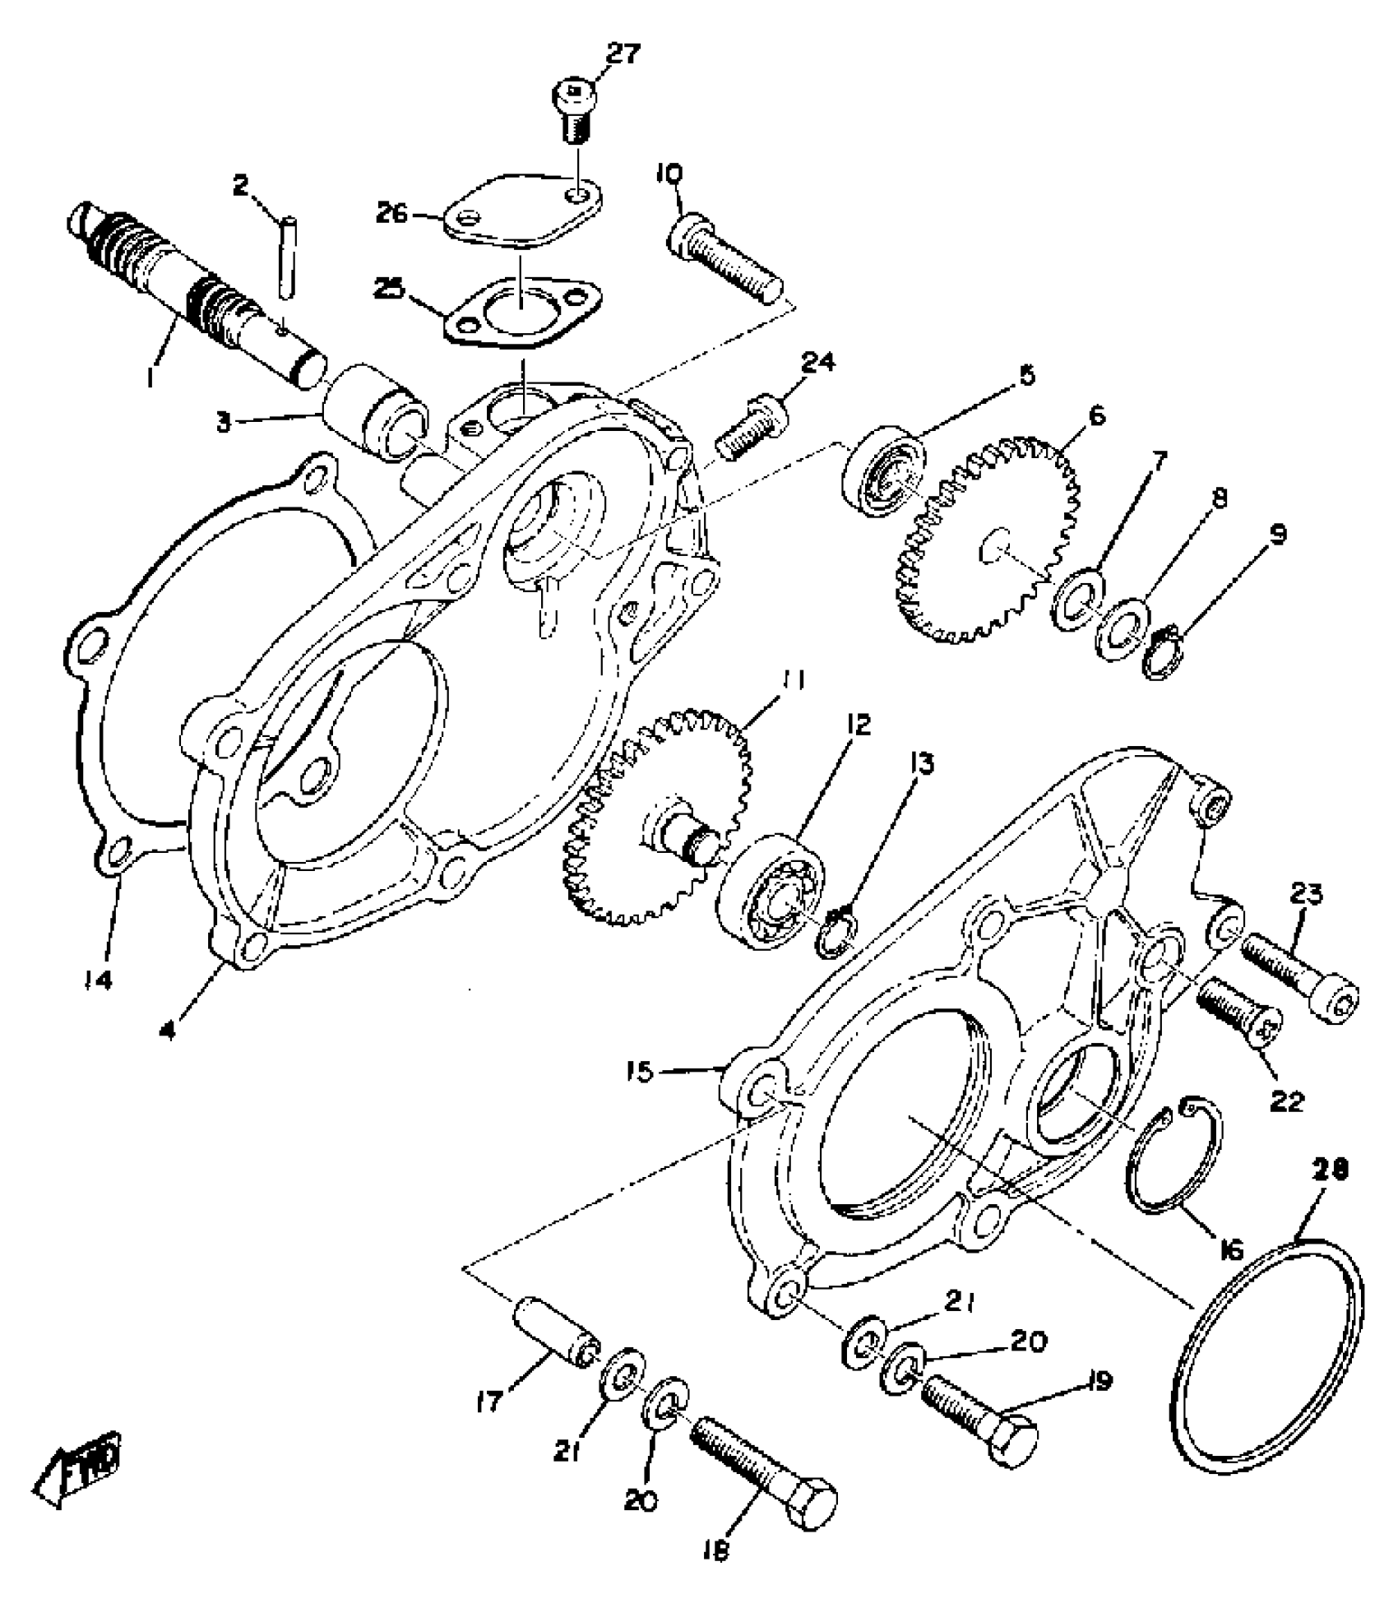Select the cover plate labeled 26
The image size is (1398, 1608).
(x=521, y=210)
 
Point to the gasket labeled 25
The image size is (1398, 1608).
(x=521, y=317)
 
